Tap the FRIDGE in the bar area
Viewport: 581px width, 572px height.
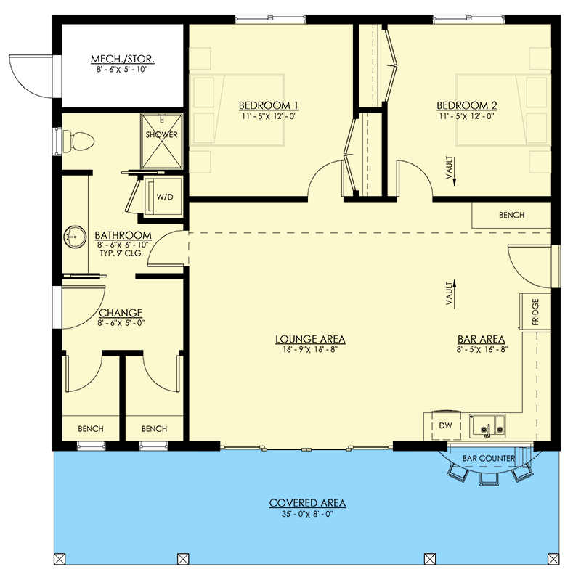535,313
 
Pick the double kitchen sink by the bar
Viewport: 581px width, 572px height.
489,428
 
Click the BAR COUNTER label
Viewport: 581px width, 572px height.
488,459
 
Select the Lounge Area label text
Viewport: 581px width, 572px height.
309,339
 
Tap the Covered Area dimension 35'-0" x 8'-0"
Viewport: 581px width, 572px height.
307,514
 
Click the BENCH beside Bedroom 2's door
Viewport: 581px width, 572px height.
511,216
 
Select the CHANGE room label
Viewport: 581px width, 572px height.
121,314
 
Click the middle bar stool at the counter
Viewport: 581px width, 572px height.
487,478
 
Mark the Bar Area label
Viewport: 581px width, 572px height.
481,339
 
